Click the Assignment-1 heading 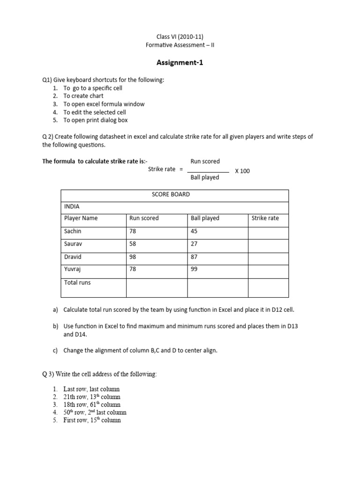[180, 62]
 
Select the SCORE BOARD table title [171, 195]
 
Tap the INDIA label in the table [72, 206]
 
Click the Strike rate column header [265, 218]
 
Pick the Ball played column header [205, 218]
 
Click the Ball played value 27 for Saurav [195, 244]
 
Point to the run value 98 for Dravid [134, 256]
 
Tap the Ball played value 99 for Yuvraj [195, 269]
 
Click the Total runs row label [77, 282]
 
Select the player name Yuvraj [73, 269]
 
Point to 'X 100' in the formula [242, 171]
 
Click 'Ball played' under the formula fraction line [205, 178]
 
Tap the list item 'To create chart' [83, 96]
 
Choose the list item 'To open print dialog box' [96, 120]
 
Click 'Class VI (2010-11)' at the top [180, 36]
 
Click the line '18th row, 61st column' [92, 405]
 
